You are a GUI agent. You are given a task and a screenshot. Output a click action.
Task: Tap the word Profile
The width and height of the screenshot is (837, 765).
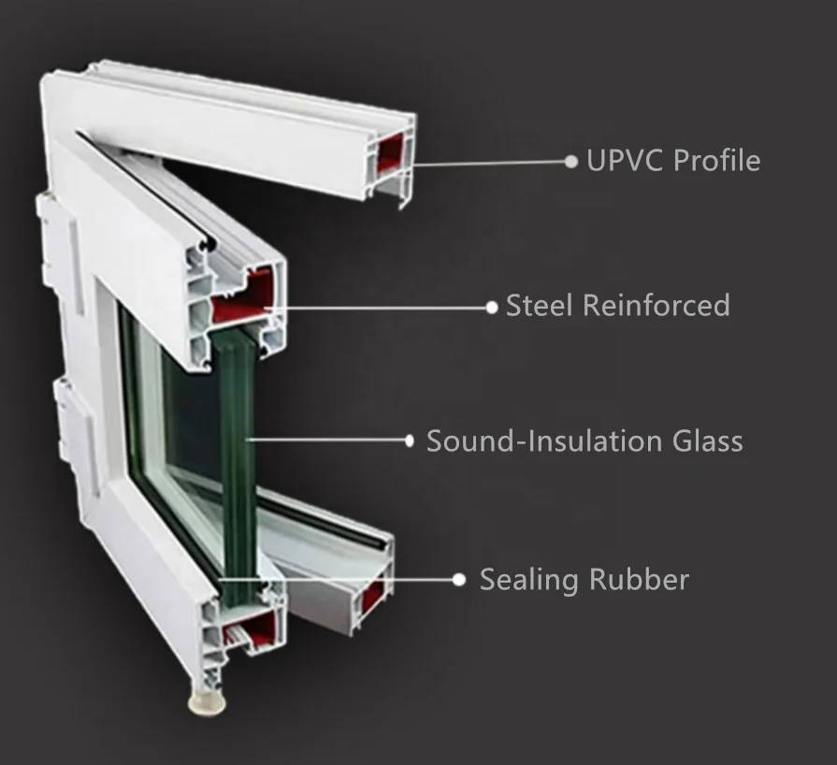pyautogui.click(x=717, y=160)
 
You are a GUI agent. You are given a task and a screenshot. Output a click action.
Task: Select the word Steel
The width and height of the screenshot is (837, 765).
pyautogui.click(x=539, y=306)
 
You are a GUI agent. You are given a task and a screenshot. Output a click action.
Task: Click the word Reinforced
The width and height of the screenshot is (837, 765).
pyautogui.click(x=657, y=306)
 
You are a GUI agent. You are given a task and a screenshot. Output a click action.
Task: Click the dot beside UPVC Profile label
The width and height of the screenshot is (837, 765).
pyautogui.click(x=571, y=161)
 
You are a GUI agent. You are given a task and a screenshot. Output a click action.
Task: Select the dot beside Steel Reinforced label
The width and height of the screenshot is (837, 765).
pyautogui.click(x=492, y=308)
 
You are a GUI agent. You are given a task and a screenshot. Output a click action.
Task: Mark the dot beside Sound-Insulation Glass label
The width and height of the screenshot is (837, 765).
pyautogui.click(x=410, y=440)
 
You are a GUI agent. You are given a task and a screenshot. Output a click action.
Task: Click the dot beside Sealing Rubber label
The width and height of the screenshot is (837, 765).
pyautogui.click(x=459, y=580)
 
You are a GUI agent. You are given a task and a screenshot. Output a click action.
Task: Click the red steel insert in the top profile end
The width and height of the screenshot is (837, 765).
pyautogui.click(x=390, y=152)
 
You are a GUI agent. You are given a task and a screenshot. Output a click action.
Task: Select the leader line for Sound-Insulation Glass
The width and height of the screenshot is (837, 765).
pyautogui.click(x=327, y=440)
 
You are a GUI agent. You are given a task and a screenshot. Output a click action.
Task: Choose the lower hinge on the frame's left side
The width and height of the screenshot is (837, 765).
pyautogui.click(x=78, y=435)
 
